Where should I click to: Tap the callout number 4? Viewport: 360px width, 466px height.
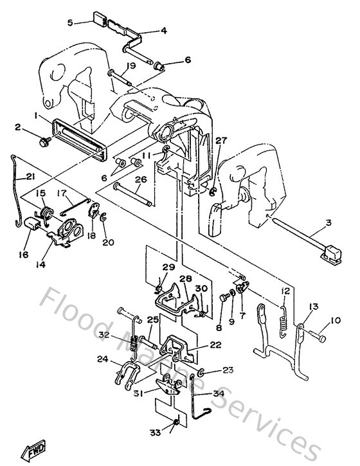(x=163, y=30)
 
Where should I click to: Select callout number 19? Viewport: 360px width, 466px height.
(x=130, y=66)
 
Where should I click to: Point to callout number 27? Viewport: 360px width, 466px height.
(x=221, y=140)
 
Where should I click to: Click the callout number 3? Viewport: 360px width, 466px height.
(x=329, y=222)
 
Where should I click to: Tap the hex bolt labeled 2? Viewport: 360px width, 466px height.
(x=47, y=139)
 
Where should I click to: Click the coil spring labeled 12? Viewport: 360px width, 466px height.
(x=282, y=318)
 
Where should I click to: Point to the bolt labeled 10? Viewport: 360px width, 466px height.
(x=318, y=334)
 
